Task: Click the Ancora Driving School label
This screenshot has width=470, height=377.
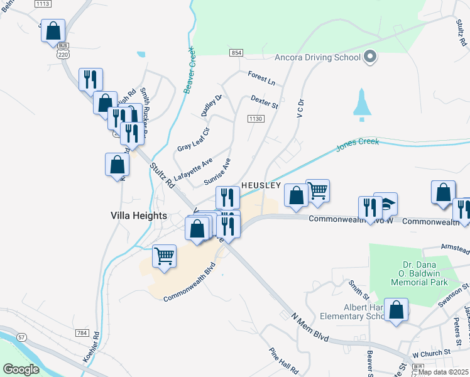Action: tap(317, 57)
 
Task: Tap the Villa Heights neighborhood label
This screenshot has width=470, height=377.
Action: tap(139, 216)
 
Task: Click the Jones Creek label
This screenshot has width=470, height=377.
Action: tap(358, 143)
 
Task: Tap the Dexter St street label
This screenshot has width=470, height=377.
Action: tap(264, 101)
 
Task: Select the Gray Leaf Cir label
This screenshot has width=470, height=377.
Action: tap(193, 139)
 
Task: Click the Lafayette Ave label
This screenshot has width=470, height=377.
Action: tap(194, 169)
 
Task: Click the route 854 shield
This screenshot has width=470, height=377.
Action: tap(236, 53)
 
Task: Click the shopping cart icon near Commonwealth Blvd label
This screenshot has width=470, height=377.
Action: tap(164, 255)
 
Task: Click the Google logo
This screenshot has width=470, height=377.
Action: tap(21, 369)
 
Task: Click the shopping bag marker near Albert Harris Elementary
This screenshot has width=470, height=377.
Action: tap(396, 310)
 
